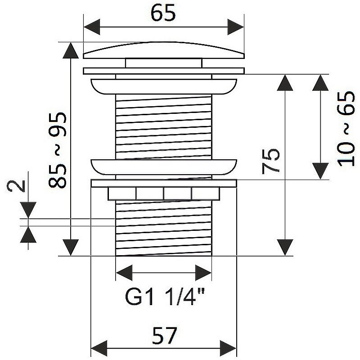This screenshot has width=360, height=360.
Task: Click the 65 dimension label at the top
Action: pos(163,13)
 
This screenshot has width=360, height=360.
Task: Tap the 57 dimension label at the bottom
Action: pos(165,335)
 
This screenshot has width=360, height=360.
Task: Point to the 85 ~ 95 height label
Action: pos(58,150)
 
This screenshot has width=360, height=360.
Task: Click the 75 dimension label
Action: pos(271,162)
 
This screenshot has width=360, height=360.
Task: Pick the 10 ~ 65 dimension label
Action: pos(346,129)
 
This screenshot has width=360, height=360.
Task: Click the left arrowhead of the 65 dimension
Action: pos(92,27)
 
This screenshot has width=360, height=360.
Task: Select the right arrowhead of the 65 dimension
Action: pos(235,27)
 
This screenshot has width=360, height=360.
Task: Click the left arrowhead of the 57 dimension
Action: pos(99,348)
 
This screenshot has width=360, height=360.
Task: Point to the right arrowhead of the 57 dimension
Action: pos(228,348)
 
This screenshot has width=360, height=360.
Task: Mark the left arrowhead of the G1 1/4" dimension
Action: pos(124,273)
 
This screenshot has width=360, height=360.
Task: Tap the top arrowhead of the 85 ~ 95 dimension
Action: pos(71,50)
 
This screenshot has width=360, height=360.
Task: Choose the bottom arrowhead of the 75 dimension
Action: pos(285,247)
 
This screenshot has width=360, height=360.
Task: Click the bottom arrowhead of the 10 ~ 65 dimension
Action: pos(320,171)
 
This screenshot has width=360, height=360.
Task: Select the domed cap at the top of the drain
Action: pos(164,50)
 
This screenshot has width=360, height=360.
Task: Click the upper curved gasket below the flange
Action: pos(164,86)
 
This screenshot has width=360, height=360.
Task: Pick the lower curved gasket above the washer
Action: pos(164,167)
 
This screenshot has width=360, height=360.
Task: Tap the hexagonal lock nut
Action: pos(164,193)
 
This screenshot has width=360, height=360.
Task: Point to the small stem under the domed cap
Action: pos(164,63)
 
